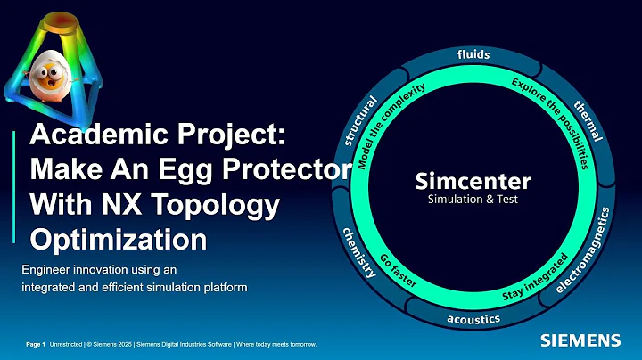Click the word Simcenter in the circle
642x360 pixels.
[x=473, y=181]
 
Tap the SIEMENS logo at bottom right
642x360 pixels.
[x=580, y=340]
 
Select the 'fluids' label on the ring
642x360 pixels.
[x=473, y=55]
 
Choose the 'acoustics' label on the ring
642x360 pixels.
[x=473, y=318]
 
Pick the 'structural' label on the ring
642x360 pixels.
[x=361, y=121]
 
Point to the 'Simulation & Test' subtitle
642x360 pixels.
[x=473, y=200]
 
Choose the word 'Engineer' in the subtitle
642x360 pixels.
[x=50, y=268]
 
